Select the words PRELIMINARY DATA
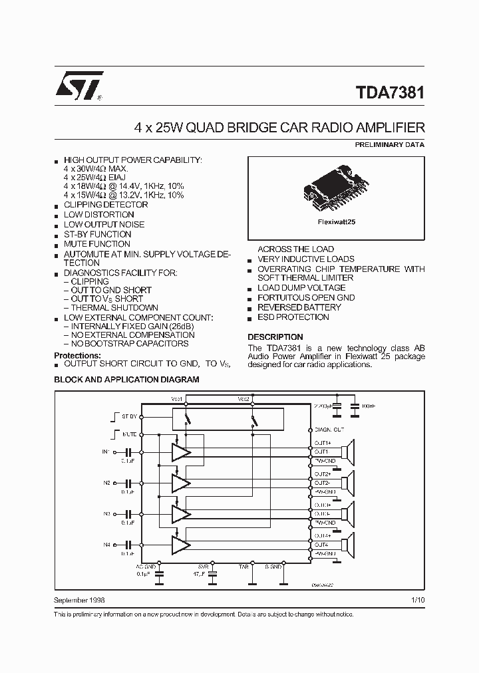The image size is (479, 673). [390, 144]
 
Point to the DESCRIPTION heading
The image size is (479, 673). [275, 337]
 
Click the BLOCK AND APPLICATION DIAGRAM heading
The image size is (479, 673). [126, 379]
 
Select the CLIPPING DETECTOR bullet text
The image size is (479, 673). [106, 205]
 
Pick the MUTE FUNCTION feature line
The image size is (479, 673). [97, 244]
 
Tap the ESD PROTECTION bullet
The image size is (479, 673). [293, 317]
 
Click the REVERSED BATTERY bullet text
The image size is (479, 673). [299, 307]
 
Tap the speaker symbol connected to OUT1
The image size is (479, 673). [348, 452]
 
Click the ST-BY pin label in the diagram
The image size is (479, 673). [129, 416]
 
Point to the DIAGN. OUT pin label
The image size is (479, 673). [329, 430]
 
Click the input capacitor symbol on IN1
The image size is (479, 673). [128, 452]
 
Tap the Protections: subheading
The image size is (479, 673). [77, 356]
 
